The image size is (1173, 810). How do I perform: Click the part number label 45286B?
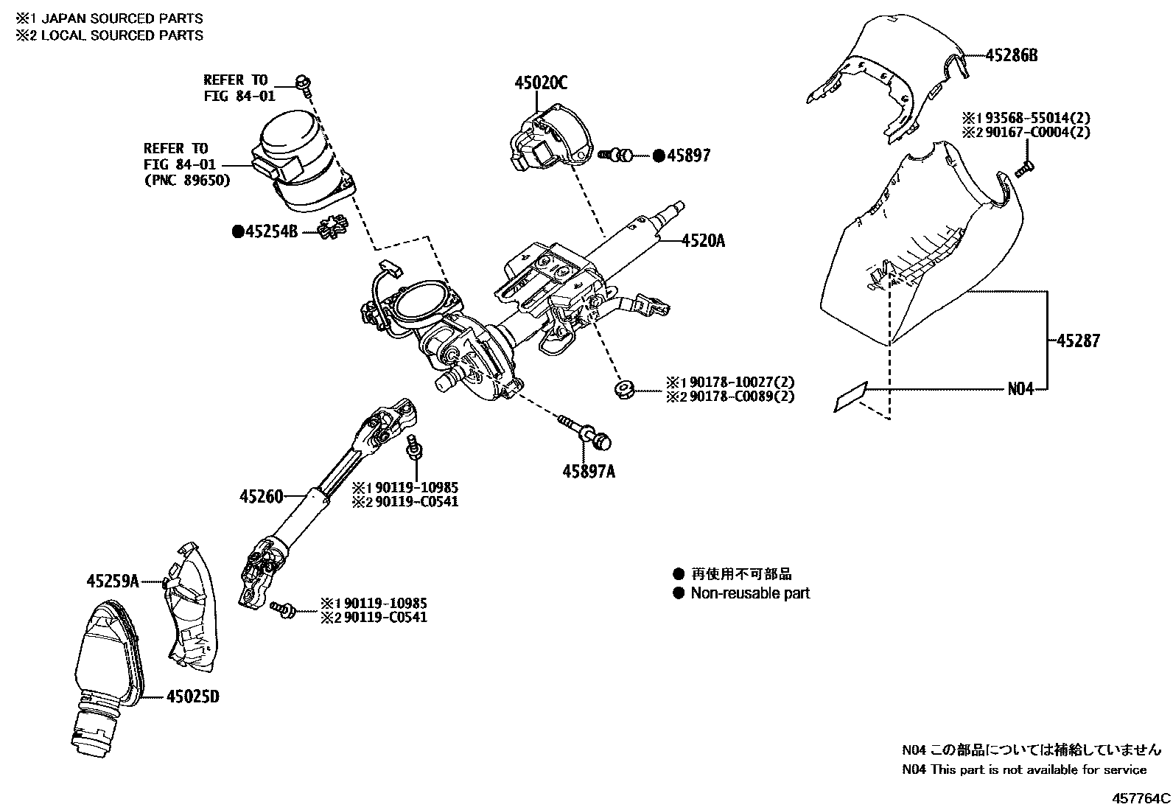[1012, 55]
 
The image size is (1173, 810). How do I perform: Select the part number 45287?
[1078, 341]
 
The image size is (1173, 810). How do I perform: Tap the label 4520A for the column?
[703, 240]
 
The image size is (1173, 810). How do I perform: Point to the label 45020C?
[541, 84]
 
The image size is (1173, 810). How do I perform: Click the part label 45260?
[261, 497]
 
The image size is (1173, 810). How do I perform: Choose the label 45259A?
[113, 582]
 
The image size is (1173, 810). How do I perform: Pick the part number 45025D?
[192, 696]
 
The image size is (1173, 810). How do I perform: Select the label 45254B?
[271, 231]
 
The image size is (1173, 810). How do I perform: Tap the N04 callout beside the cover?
[1020, 389]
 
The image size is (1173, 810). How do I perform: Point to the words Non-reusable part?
[750, 593]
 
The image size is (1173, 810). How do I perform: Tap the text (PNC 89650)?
[187, 181]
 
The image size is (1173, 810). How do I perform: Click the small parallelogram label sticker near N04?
[852, 398]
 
